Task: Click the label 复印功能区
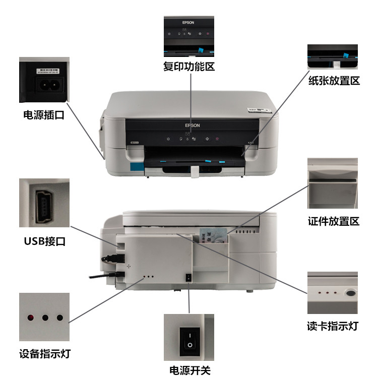coord(189,66)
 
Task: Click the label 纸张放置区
coord(334,81)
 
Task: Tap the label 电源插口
coord(44,115)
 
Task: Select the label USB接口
coord(44,241)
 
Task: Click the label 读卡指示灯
coord(333,326)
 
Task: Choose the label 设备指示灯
coord(44,353)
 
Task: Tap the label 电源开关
coord(188,370)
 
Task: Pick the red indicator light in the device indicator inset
coord(31,318)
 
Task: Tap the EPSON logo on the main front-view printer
coord(193,125)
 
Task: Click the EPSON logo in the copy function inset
coord(188,23)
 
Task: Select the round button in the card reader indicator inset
coord(350,293)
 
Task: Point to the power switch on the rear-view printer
coord(189,278)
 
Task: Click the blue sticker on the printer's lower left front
coord(136,167)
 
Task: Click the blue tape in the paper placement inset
coord(345,55)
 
